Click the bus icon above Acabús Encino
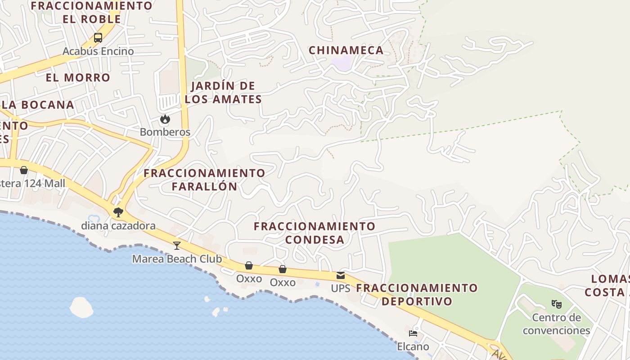pyautogui.click(x=98, y=38)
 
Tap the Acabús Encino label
pyautogui.click(x=98, y=51)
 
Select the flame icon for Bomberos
pyautogui.click(x=165, y=119)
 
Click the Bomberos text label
pyautogui.click(x=165, y=132)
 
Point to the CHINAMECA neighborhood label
pyautogui.click(x=346, y=50)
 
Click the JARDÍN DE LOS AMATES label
pyautogui.click(x=223, y=93)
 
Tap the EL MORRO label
pyautogui.click(x=78, y=77)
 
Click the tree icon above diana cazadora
pyautogui.click(x=118, y=212)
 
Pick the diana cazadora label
pyautogui.click(x=118, y=226)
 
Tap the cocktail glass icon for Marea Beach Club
pyautogui.click(x=177, y=245)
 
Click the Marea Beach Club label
pyautogui.click(x=177, y=259)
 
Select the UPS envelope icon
pyautogui.click(x=341, y=275)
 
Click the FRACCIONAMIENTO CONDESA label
pyautogui.click(x=315, y=233)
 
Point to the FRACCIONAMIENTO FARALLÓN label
pyautogui.click(x=204, y=180)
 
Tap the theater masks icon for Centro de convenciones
pyautogui.click(x=557, y=304)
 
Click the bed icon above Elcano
pyautogui.click(x=413, y=333)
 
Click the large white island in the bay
pyautogui.click(x=81, y=307)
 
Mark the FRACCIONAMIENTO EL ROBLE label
pyautogui.click(x=92, y=13)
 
